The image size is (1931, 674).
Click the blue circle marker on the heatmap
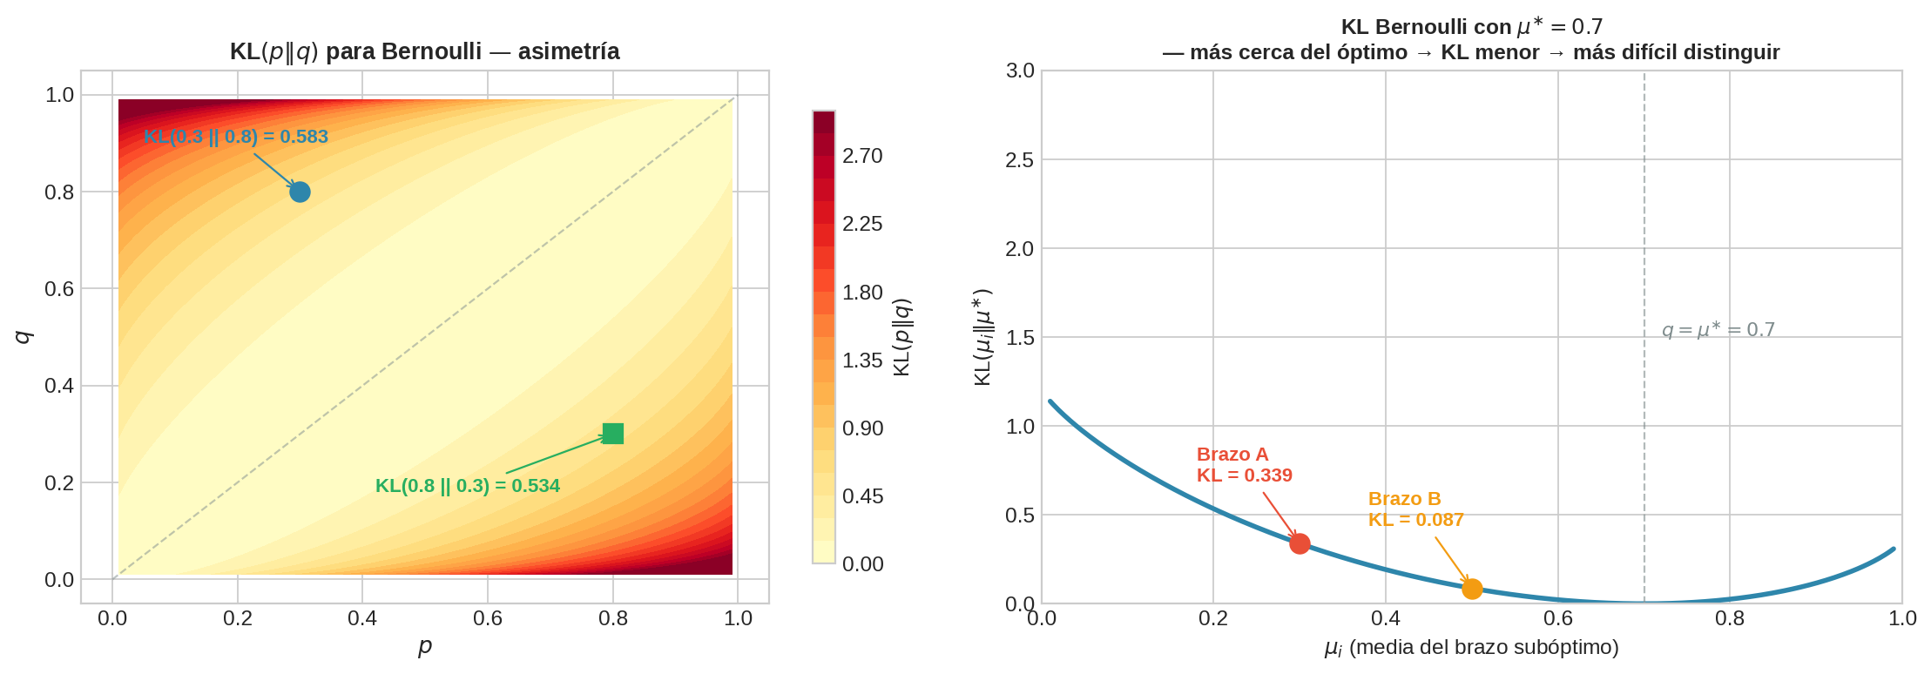(300, 192)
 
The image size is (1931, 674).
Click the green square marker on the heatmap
(613, 433)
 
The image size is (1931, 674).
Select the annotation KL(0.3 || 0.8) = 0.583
(235, 137)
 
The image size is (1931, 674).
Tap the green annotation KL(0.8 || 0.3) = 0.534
(467, 486)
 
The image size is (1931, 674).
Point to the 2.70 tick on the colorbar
(861, 156)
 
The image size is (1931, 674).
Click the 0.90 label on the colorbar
(861, 428)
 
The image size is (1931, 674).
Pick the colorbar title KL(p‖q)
(902, 337)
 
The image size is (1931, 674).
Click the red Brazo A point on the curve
(1300, 543)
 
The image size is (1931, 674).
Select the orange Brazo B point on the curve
(1472, 589)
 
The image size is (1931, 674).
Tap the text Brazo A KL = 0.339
(1244, 465)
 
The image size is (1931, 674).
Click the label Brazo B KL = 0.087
(1415, 509)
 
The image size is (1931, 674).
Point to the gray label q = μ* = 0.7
(1718, 330)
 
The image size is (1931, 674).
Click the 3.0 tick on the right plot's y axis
(1020, 71)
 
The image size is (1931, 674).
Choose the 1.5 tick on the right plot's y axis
(1020, 337)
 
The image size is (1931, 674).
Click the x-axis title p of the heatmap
(425, 646)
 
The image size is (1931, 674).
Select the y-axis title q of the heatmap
(24, 336)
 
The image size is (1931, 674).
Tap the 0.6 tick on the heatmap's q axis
(59, 288)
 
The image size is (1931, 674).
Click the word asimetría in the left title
(569, 51)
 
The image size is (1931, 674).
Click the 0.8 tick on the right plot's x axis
(1730, 618)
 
